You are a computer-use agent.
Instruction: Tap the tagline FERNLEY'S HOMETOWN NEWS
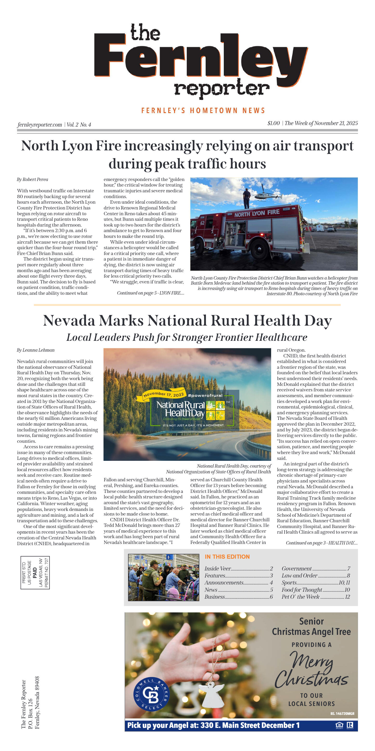[203, 110]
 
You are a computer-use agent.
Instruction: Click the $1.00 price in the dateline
[273, 123]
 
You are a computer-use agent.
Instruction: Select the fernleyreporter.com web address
[40, 125]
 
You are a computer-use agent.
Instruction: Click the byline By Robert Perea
[32, 180]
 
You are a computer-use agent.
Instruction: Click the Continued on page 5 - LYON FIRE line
[150, 293]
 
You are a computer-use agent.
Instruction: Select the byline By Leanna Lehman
[36, 350]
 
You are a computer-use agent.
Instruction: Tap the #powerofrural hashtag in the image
[205, 396]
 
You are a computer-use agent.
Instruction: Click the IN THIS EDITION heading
[227, 557]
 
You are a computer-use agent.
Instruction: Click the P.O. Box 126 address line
[30, 713]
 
